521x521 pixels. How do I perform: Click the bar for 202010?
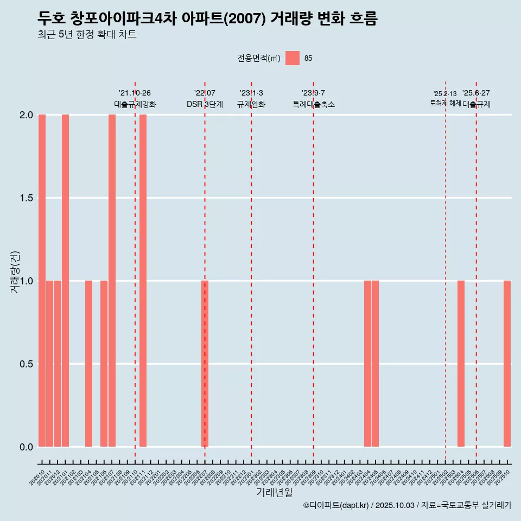click(42, 281)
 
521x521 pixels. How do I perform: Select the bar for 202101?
click(65, 281)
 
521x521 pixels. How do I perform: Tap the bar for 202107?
click(112, 281)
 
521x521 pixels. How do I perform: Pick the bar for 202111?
click(143, 281)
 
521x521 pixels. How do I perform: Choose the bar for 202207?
click(205, 364)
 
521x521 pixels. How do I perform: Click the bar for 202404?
click(367, 364)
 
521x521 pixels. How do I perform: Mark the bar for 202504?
click(461, 364)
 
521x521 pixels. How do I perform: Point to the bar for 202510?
click(507, 364)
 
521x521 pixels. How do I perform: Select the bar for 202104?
click(88, 364)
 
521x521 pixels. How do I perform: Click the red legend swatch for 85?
click(293, 58)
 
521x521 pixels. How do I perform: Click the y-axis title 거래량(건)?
click(15, 272)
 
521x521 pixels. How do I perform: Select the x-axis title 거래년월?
click(274, 492)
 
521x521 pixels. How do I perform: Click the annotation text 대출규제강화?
click(135, 104)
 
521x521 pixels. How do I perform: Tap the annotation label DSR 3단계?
click(205, 104)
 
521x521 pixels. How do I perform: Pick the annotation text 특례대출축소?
click(314, 104)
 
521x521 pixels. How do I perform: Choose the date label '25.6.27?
click(476, 93)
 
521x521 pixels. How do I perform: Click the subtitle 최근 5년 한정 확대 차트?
click(87, 35)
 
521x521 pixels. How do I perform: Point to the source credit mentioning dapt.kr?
click(407, 505)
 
